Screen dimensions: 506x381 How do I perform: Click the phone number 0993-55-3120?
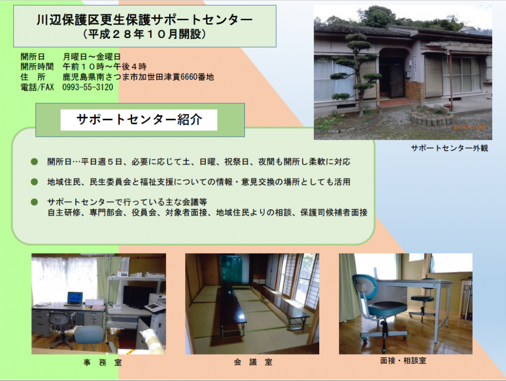pyautogui.click(x=88, y=87)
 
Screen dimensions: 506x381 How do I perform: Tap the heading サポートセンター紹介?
pyautogui.click(x=139, y=120)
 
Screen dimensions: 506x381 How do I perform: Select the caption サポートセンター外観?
pyautogui.click(x=449, y=148)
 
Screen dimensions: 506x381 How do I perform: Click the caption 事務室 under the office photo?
pyautogui.click(x=102, y=363)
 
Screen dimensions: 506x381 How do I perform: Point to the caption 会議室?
pyautogui.click(x=252, y=362)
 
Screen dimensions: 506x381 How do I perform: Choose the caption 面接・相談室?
pyautogui.click(x=403, y=361)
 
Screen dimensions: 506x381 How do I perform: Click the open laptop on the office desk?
pyautogui.click(x=74, y=299)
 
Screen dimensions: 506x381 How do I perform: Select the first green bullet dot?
pyautogui.click(x=34, y=161)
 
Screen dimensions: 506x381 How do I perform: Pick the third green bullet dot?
pyautogui.click(x=34, y=202)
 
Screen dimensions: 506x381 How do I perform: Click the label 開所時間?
pyautogui.click(x=37, y=67)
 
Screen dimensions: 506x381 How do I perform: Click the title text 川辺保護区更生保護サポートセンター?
pyautogui.click(x=144, y=20)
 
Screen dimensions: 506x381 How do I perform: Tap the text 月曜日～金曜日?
pyautogui.click(x=92, y=57)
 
